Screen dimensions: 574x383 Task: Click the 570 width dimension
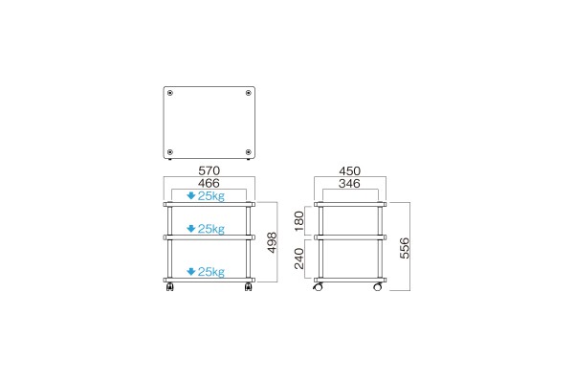tap(209, 170)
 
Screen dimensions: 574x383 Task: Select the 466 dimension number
tap(209, 183)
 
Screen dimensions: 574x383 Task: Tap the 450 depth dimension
tap(349, 170)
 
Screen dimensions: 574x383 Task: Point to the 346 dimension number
tap(349, 183)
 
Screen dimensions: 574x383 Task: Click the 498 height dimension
tap(272, 242)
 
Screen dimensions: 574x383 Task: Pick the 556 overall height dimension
tap(405, 248)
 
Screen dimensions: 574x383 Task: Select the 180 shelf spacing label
tap(299, 221)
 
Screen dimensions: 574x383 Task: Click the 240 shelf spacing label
tap(299, 259)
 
